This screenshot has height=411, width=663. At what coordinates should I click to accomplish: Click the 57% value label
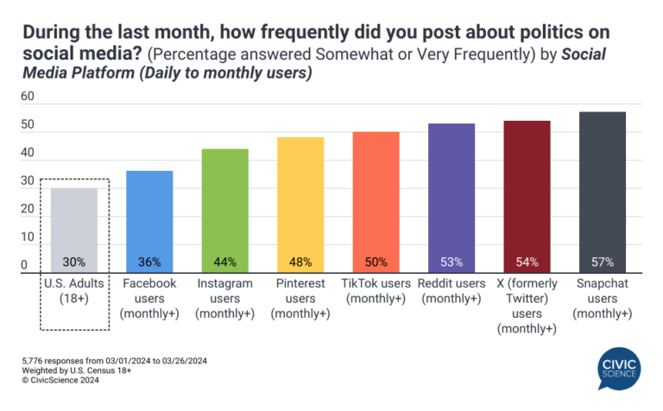tap(602, 262)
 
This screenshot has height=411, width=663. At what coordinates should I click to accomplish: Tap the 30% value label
tap(73, 262)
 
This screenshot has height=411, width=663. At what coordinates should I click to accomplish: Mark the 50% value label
tap(376, 262)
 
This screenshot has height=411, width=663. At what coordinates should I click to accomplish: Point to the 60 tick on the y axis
tap(28, 98)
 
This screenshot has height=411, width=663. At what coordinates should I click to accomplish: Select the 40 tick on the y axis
tap(28, 154)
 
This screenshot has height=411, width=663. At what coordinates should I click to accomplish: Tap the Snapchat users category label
tap(602, 297)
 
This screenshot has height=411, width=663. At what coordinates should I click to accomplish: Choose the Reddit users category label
tap(451, 290)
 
